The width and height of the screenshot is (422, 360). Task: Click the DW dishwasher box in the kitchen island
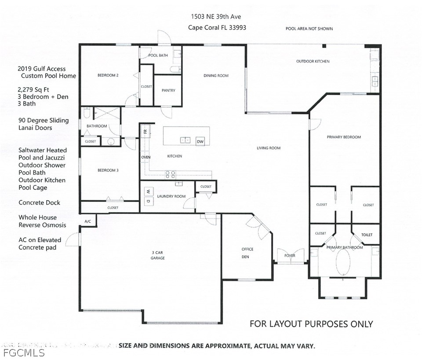pyautogui.click(x=200, y=141)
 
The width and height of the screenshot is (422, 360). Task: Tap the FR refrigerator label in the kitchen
pyautogui.click(x=146, y=132)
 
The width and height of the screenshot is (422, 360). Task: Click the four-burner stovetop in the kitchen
pyautogui.click(x=170, y=174)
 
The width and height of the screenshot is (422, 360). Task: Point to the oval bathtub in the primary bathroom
pyautogui.click(x=343, y=262)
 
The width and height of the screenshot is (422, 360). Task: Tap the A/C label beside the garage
pyautogui.click(x=88, y=221)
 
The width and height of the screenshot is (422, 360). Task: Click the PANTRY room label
pyautogui.click(x=168, y=91)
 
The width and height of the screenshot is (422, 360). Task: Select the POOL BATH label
pyautogui.click(x=158, y=55)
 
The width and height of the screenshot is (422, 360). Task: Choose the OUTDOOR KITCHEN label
pyautogui.click(x=313, y=62)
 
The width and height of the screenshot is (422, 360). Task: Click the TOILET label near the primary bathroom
pyautogui.click(x=367, y=235)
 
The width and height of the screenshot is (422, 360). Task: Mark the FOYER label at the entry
pyautogui.click(x=290, y=255)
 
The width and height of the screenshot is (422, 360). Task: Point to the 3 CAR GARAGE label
pyautogui.click(x=157, y=255)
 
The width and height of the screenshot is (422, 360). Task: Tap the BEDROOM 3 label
pyautogui.click(x=108, y=170)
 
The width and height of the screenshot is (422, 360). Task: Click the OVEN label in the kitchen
pyautogui.click(x=146, y=157)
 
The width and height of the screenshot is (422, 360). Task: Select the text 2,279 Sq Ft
pyautogui.click(x=33, y=90)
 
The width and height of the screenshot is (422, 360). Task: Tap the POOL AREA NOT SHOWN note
pyautogui.click(x=309, y=29)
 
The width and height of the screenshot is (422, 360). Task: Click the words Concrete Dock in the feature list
pyautogui.click(x=39, y=202)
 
